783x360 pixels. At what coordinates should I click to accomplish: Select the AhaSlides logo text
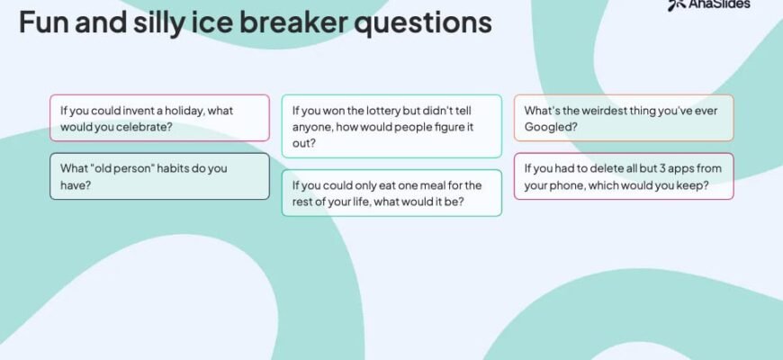pos(719,4)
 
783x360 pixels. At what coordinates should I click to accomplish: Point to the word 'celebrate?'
pos(144,127)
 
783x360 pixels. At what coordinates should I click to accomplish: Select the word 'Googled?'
pos(551,127)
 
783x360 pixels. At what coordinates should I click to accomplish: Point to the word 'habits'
pos(173,168)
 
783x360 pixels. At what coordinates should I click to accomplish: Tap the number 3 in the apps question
pos(662,168)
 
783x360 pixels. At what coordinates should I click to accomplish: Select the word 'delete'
pos(607,168)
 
